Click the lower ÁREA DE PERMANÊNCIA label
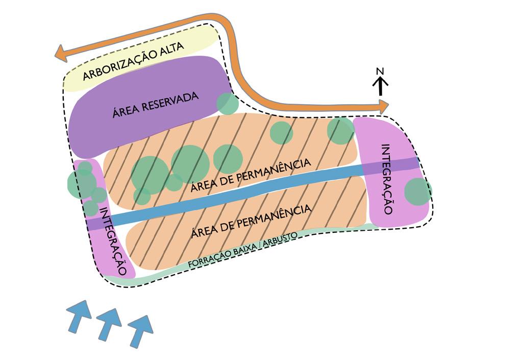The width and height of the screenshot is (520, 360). pos(251,221)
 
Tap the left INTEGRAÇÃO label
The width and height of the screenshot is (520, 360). pos(113,242)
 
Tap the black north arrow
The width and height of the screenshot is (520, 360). pos(380,86)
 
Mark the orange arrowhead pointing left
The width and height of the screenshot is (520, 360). pos(62,53)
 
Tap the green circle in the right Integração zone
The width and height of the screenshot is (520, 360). pos(417,191)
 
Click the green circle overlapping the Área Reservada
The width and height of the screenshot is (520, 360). pos(227,104)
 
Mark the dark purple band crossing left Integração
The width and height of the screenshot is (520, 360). pos(95,223)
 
